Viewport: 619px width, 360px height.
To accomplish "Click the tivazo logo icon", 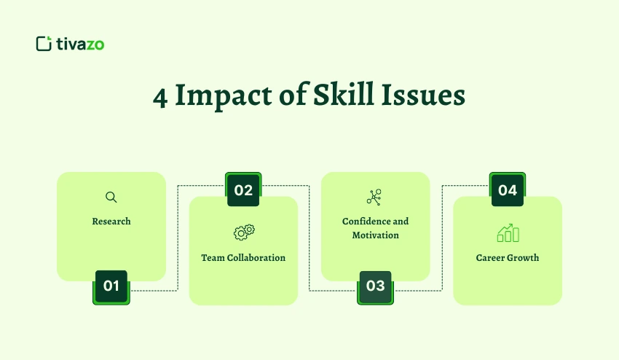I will point(43,44).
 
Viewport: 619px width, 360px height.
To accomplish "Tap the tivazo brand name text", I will point(80,44).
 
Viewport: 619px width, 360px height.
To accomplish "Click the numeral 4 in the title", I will point(160,97).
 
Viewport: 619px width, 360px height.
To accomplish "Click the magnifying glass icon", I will point(111,197).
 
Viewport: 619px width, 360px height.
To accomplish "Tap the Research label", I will point(111,221).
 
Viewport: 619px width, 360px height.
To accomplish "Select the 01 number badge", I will point(111,286).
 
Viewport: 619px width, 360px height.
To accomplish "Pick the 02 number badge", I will point(243,190).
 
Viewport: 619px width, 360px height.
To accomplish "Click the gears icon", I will point(244,232).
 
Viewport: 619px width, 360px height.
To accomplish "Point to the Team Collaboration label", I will point(243,258).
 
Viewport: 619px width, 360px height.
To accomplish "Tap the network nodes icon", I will point(374,197).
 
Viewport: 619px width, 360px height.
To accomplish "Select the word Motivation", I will point(375,235).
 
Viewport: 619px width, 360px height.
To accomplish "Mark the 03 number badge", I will point(375,286).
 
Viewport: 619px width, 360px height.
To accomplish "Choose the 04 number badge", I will point(508,190).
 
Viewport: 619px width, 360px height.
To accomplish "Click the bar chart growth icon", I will point(508,232).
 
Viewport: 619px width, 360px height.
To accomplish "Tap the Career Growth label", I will point(508,258).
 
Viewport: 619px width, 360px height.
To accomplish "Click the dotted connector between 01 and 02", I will point(178,240).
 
